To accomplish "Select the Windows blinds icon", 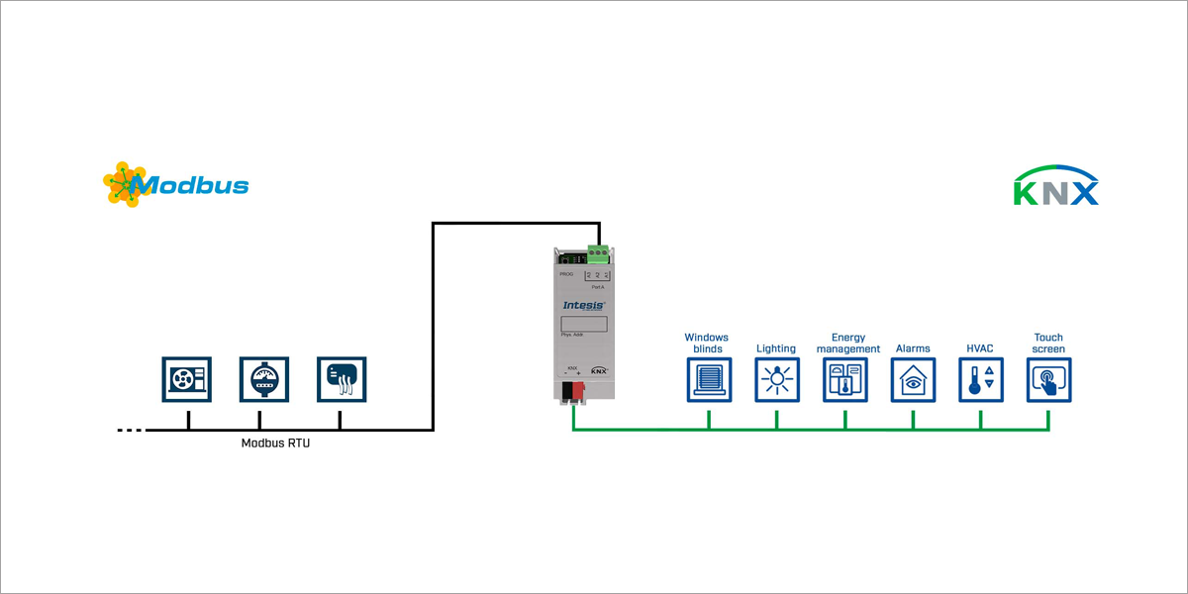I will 709,380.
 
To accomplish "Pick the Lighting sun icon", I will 776,380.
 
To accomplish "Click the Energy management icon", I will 844,380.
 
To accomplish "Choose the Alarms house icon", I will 913,380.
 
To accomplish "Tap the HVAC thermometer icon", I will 980,380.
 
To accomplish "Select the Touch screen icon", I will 1048,380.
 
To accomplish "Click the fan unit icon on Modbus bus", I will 186,380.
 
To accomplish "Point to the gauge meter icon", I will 263,380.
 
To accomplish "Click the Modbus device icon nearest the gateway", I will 340,380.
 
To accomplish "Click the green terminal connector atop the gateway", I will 597,253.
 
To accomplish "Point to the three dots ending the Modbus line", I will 130,431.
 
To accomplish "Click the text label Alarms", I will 913,348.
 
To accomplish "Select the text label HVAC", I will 980,348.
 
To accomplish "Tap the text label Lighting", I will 776,348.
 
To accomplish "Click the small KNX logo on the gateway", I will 599,370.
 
